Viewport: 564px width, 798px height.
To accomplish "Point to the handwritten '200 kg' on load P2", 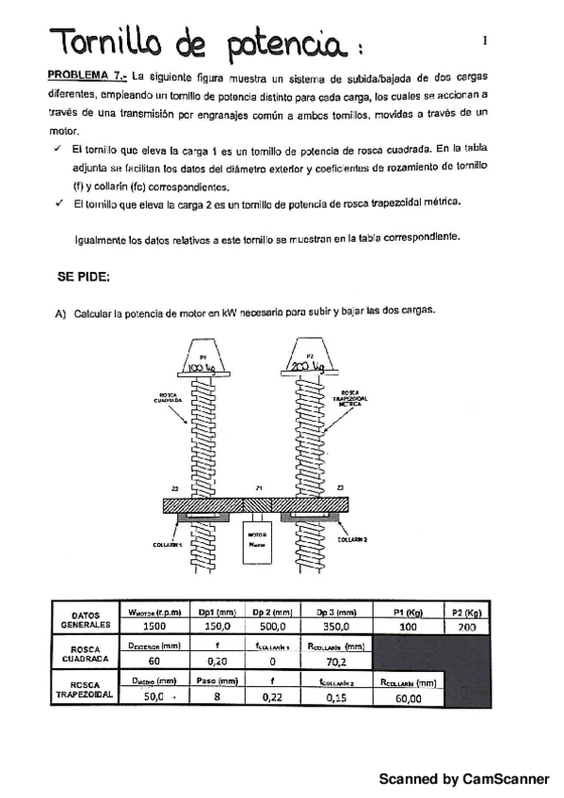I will point(309,366).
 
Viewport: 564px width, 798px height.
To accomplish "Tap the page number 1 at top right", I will point(484,40).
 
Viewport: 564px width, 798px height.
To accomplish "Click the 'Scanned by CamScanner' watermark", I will point(463,779).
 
